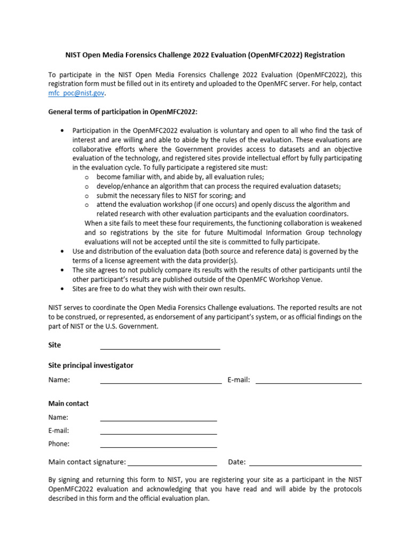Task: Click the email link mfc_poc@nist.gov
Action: click(76, 93)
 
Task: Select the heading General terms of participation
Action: click(123, 111)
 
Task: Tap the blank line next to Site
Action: click(160, 347)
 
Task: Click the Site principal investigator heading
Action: click(91, 365)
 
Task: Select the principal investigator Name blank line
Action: click(161, 381)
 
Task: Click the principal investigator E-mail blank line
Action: click(309, 381)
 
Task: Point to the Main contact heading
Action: click(68, 403)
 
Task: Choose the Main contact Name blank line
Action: click(159, 419)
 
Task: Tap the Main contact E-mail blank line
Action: click(159, 432)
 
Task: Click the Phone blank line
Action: click(159, 445)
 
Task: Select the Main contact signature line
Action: click(172, 463)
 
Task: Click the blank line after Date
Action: click(305, 463)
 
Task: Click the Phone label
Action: click(59, 444)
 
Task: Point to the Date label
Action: click(236, 462)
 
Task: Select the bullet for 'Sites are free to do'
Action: click(63, 288)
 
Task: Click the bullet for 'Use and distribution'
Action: click(63, 251)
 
